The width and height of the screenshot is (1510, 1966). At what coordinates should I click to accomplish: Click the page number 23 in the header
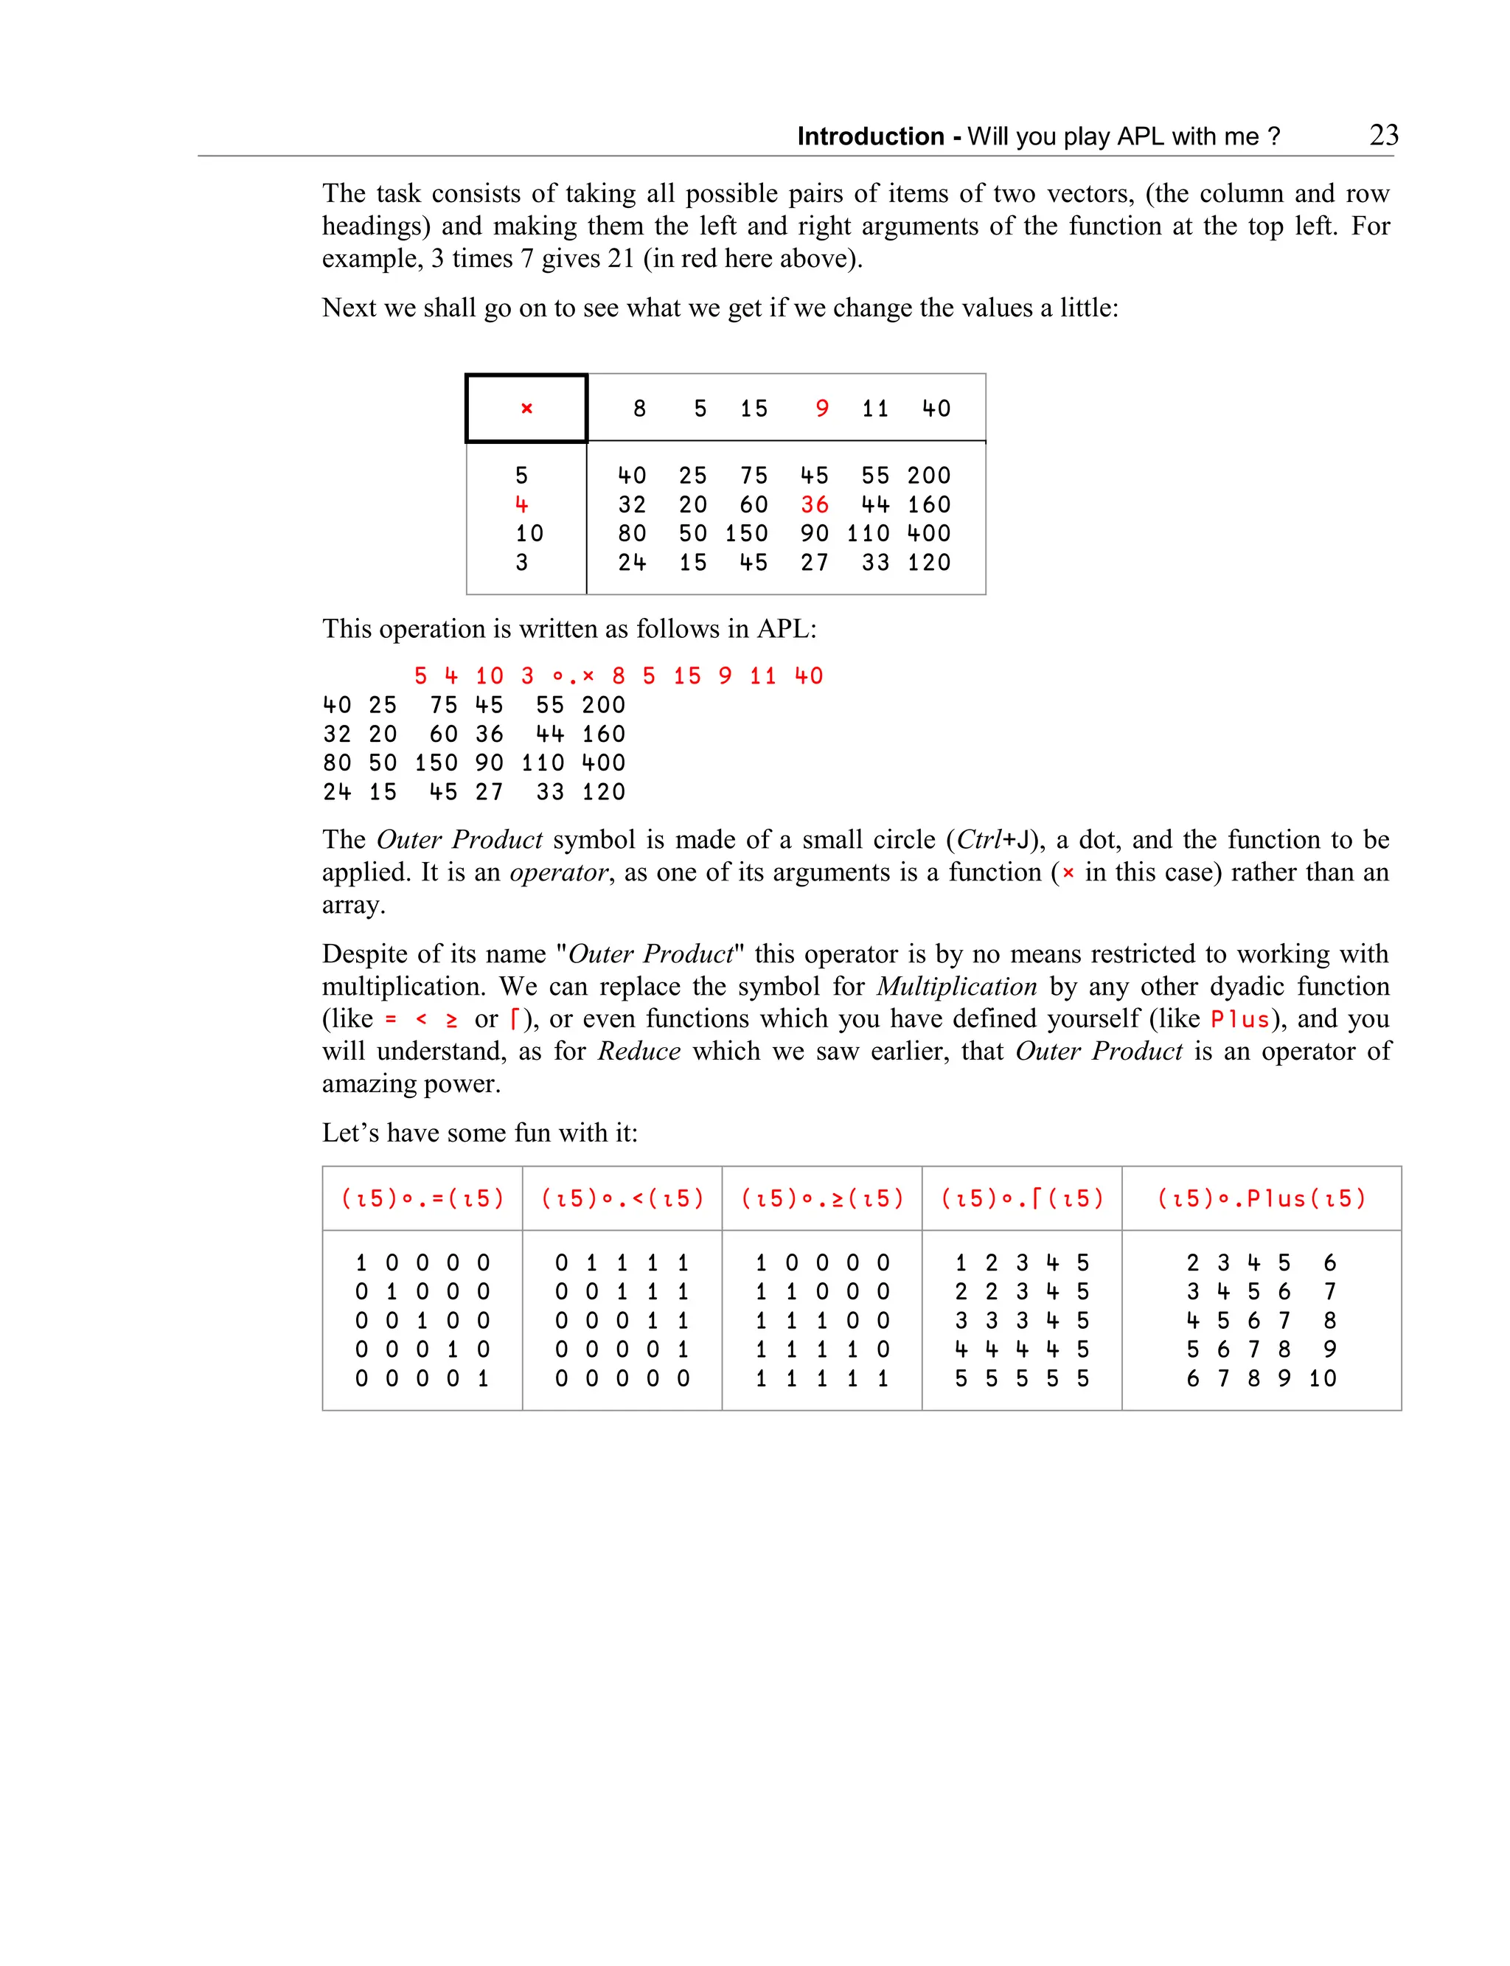[x=1383, y=135]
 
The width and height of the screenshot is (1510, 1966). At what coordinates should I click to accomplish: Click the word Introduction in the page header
[x=870, y=136]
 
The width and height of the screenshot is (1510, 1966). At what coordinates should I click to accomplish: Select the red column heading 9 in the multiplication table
[x=821, y=409]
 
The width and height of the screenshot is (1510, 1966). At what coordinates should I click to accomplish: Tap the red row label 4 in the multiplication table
[x=521, y=504]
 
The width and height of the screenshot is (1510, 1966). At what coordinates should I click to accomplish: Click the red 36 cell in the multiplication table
[x=814, y=504]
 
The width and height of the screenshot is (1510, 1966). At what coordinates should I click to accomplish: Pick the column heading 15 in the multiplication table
[x=754, y=409]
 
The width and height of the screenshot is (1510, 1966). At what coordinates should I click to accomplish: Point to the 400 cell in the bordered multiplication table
[x=928, y=533]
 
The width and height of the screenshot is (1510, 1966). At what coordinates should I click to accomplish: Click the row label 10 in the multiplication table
[x=529, y=533]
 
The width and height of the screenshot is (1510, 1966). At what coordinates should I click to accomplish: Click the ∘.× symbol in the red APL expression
[x=574, y=676]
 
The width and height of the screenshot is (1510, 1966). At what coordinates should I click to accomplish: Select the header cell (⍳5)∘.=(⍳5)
[x=422, y=1198]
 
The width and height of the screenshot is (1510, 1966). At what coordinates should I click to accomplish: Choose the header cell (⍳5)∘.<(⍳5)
[x=622, y=1198]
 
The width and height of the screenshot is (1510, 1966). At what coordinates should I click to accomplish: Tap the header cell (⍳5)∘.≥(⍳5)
[x=821, y=1198]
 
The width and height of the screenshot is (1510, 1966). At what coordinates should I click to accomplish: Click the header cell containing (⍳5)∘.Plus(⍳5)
[x=1261, y=1198]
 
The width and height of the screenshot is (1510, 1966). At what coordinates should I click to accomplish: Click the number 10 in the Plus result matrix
[x=1322, y=1378]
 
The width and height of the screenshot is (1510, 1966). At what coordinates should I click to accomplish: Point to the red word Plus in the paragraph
[x=1240, y=1019]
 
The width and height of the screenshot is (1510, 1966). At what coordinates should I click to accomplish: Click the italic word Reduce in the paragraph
[x=639, y=1051]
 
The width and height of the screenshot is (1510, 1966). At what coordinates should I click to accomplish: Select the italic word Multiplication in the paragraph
[x=956, y=986]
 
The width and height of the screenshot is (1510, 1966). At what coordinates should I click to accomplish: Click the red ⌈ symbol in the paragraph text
[x=514, y=1019]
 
